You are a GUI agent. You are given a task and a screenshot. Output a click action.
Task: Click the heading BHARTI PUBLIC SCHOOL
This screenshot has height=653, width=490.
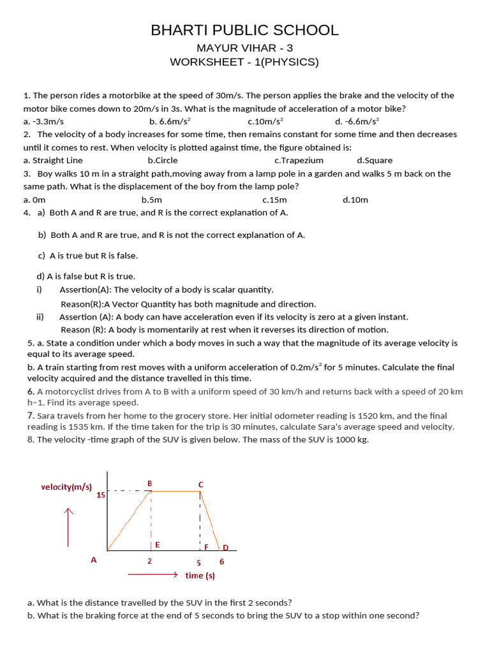(x=244, y=30)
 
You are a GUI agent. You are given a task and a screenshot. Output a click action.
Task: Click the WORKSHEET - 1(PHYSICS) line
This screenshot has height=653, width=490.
(x=244, y=62)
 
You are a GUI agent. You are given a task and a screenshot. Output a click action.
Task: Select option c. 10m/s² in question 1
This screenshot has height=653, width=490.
(x=265, y=121)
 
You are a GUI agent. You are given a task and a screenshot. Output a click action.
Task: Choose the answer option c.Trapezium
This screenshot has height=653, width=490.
(x=299, y=161)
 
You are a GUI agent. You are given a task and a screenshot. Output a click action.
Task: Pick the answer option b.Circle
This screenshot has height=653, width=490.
(x=163, y=161)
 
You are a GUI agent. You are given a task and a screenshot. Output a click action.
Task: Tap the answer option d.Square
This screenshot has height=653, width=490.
(x=375, y=161)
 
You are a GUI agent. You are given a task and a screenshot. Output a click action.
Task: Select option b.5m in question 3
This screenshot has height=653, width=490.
(x=152, y=200)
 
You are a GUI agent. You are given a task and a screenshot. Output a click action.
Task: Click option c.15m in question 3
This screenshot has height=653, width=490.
(x=274, y=200)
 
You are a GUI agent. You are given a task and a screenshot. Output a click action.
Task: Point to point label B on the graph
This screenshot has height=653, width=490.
(x=150, y=483)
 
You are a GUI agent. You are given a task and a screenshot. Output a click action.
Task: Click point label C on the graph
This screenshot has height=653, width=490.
(x=200, y=485)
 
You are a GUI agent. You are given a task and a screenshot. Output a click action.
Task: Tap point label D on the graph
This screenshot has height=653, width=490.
(x=225, y=547)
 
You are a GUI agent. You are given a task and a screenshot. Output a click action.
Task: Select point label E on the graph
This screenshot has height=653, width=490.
(x=157, y=545)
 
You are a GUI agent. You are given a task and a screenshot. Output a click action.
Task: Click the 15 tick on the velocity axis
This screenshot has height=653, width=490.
(x=101, y=495)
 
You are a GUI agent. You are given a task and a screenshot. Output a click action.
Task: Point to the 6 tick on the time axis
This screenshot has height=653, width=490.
(x=221, y=562)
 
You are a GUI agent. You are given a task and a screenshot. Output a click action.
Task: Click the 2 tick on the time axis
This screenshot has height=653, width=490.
(x=150, y=562)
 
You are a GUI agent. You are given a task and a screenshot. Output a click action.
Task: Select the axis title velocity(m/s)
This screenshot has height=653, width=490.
(x=66, y=487)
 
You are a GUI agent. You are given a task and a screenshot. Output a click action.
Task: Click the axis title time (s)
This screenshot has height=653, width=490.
(x=200, y=575)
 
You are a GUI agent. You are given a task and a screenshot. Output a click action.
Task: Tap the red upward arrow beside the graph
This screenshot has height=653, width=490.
(x=68, y=527)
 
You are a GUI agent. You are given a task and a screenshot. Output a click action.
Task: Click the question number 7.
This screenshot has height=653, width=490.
(x=31, y=415)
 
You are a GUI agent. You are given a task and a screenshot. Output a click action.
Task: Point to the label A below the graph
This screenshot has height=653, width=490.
(x=94, y=560)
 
